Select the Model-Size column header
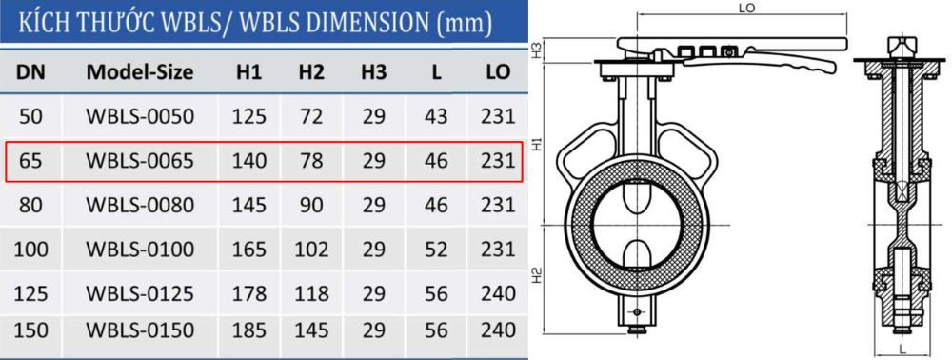(x=140, y=71)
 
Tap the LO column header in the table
(x=498, y=71)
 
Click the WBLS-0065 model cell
(x=140, y=161)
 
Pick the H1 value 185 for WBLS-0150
(x=248, y=330)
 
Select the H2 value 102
(x=311, y=250)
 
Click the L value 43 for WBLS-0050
(x=436, y=116)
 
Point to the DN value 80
(x=30, y=205)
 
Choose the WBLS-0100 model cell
(x=140, y=250)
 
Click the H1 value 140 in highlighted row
(x=248, y=161)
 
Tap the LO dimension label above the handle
(x=747, y=8)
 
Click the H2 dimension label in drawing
(x=537, y=277)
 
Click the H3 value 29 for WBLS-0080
(x=373, y=205)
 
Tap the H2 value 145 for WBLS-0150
(x=311, y=330)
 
